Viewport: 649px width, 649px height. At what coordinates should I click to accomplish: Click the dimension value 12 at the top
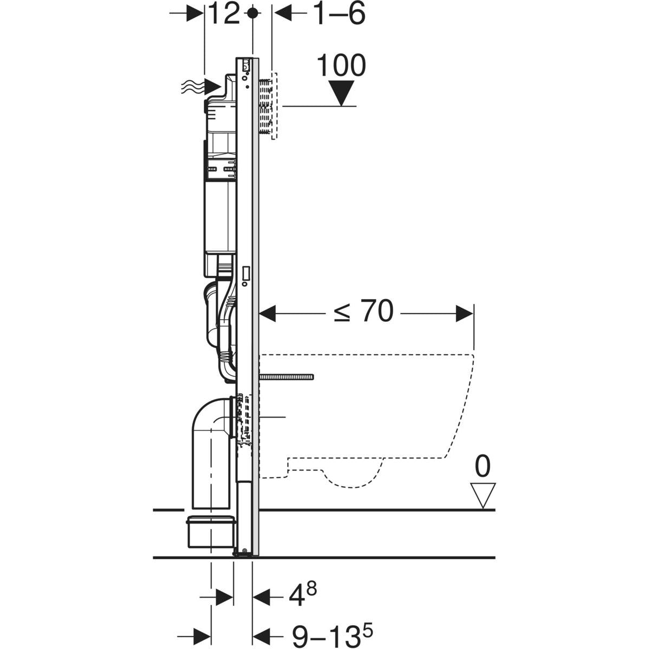point(223,15)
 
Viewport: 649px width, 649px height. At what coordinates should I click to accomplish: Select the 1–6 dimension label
point(339,15)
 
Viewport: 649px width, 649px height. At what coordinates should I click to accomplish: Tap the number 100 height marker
point(341,65)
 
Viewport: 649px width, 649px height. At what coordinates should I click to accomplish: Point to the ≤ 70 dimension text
point(363,313)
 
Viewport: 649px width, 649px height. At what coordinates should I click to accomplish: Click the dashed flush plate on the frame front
point(273,106)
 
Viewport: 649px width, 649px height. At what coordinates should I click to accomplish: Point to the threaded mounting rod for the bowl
point(287,376)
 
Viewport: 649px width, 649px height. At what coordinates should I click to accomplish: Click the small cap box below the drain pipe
point(211,533)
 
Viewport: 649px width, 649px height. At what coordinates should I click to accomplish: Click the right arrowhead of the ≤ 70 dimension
point(464,313)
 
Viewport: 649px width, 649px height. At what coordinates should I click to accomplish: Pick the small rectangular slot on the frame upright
point(247,275)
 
